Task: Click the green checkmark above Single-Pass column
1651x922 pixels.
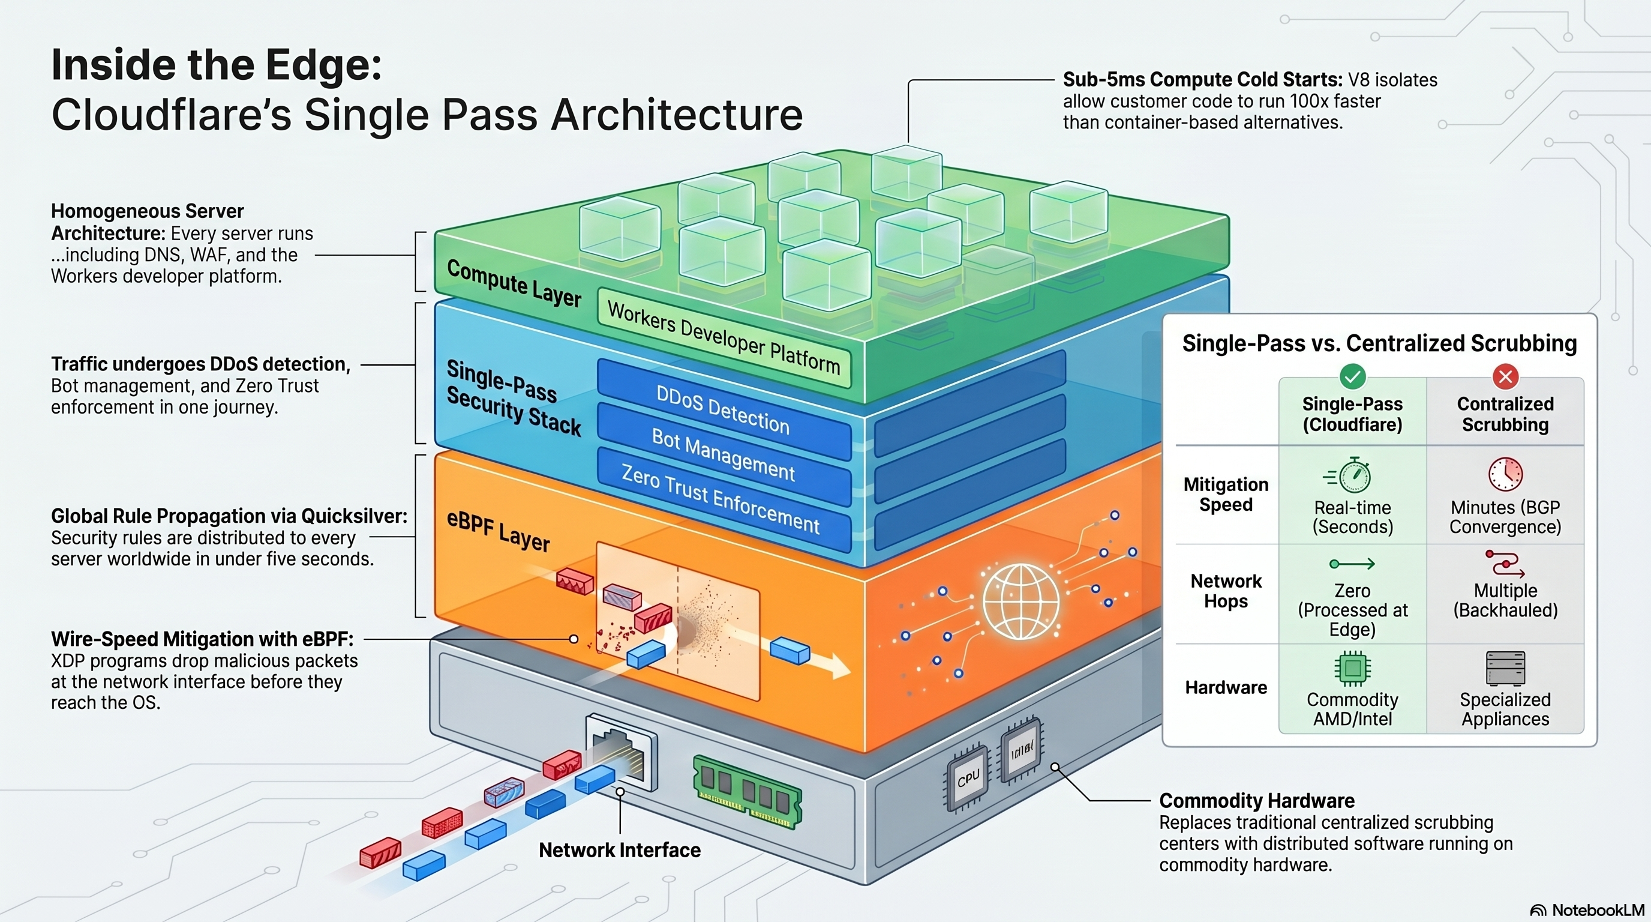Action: click(x=1352, y=376)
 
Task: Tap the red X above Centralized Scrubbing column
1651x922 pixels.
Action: click(x=1505, y=376)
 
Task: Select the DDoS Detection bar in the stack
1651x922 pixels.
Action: click(x=722, y=411)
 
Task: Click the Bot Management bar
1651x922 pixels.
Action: click(x=723, y=454)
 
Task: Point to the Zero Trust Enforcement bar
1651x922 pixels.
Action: click(x=721, y=499)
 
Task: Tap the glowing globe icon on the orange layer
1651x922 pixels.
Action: click(x=1020, y=601)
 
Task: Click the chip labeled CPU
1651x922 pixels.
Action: click(x=968, y=778)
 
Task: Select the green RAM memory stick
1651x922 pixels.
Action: click(x=748, y=791)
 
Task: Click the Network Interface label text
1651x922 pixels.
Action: click(x=619, y=850)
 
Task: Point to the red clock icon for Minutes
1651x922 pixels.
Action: click(x=1505, y=474)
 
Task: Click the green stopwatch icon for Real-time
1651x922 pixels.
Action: click(x=1352, y=475)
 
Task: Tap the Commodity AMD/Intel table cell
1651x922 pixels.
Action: click(x=1352, y=690)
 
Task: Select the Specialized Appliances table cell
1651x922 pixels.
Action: click(x=1505, y=690)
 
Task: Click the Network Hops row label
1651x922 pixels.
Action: click(x=1226, y=591)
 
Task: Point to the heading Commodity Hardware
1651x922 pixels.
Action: click(x=1256, y=801)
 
